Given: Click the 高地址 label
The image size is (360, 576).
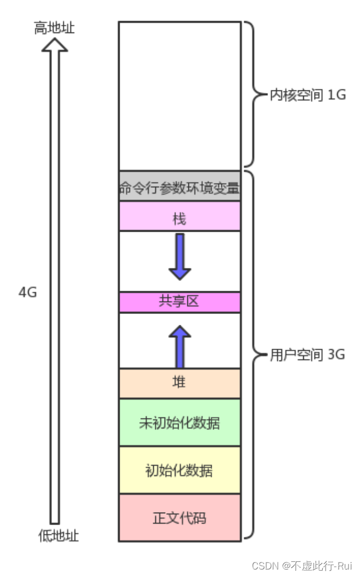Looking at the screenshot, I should (54, 28).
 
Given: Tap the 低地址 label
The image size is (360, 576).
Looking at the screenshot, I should (58, 536).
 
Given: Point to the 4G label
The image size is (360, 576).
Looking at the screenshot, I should (28, 292).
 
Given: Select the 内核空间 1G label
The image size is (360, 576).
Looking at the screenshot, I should (307, 95).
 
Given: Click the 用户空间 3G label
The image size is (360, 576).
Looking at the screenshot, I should (307, 355).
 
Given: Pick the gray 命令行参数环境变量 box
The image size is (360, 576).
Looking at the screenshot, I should (180, 187).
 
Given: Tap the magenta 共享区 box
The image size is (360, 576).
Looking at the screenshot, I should (180, 302).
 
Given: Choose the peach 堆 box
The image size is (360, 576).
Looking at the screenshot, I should (180, 383).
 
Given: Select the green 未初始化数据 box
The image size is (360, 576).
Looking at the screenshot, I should (180, 423).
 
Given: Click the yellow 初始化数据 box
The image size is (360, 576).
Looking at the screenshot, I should (180, 470).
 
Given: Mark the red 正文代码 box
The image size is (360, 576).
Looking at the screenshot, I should (180, 518).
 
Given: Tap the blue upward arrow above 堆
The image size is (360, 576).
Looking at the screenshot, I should (180, 346).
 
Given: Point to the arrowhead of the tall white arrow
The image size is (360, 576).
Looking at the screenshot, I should (55, 44).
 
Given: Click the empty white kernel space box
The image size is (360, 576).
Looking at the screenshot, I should (180, 95).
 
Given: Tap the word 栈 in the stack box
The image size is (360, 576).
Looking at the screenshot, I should (180, 218).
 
